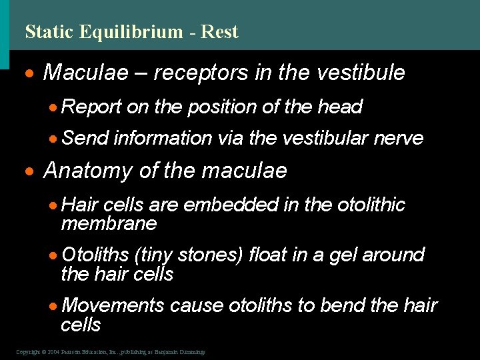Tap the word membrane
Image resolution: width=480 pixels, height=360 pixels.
coord(109,223)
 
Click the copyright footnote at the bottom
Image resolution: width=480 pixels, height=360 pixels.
coord(111,351)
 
